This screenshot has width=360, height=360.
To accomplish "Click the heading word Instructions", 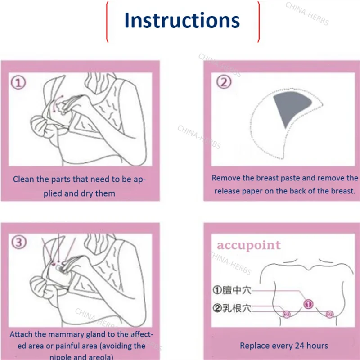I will click(x=182, y=20).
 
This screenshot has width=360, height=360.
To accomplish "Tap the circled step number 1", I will click(x=18, y=83).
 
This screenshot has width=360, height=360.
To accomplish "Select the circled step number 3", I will click(x=18, y=243).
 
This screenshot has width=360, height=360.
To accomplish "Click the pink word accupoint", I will click(x=249, y=245).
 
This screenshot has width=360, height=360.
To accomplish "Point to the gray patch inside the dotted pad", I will click(x=292, y=108).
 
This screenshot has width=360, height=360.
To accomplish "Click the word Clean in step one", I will click(x=24, y=179).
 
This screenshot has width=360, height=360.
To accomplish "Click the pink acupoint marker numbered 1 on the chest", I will click(x=309, y=305).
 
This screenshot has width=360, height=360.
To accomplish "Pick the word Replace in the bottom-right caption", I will click(x=255, y=346).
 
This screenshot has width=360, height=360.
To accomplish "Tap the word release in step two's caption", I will click(x=227, y=191).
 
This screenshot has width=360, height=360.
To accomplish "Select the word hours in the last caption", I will click(x=318, y=346).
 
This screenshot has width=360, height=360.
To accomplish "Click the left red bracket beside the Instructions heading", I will click(x=108, y=20).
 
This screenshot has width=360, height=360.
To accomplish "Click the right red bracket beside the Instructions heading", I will click(x=258, y=20).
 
